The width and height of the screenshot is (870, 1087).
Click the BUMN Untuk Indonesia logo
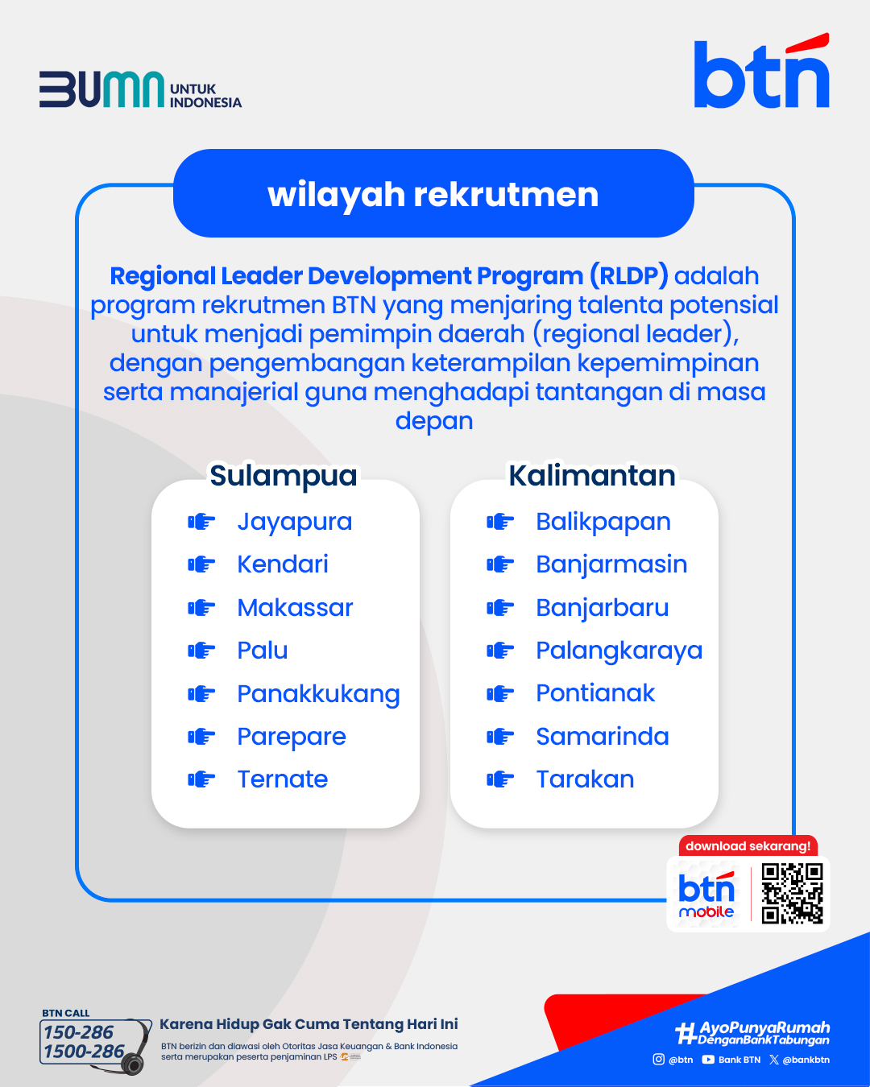140,89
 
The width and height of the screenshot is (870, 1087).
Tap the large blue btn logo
762,71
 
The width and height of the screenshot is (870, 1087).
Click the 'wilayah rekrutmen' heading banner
433,193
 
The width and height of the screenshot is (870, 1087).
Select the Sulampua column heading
283,476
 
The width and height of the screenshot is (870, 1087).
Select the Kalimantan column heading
592,476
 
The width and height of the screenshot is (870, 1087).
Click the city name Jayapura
295,523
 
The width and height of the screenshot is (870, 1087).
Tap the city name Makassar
295,608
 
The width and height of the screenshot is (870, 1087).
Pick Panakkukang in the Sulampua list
318,695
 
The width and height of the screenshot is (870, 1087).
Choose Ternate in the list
283,779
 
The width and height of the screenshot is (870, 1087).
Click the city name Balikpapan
603,523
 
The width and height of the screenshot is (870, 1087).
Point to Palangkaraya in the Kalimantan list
619,651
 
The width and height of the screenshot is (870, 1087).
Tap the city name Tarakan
585,779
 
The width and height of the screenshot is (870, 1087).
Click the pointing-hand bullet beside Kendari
201,564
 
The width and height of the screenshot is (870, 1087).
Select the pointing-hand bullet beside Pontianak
500,693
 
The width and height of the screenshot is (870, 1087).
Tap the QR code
792,894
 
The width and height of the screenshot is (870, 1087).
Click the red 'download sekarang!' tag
748,846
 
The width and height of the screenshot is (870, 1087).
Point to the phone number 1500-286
84,1051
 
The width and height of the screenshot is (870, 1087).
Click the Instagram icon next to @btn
658,1059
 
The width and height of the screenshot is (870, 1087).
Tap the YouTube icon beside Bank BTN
708,1060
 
